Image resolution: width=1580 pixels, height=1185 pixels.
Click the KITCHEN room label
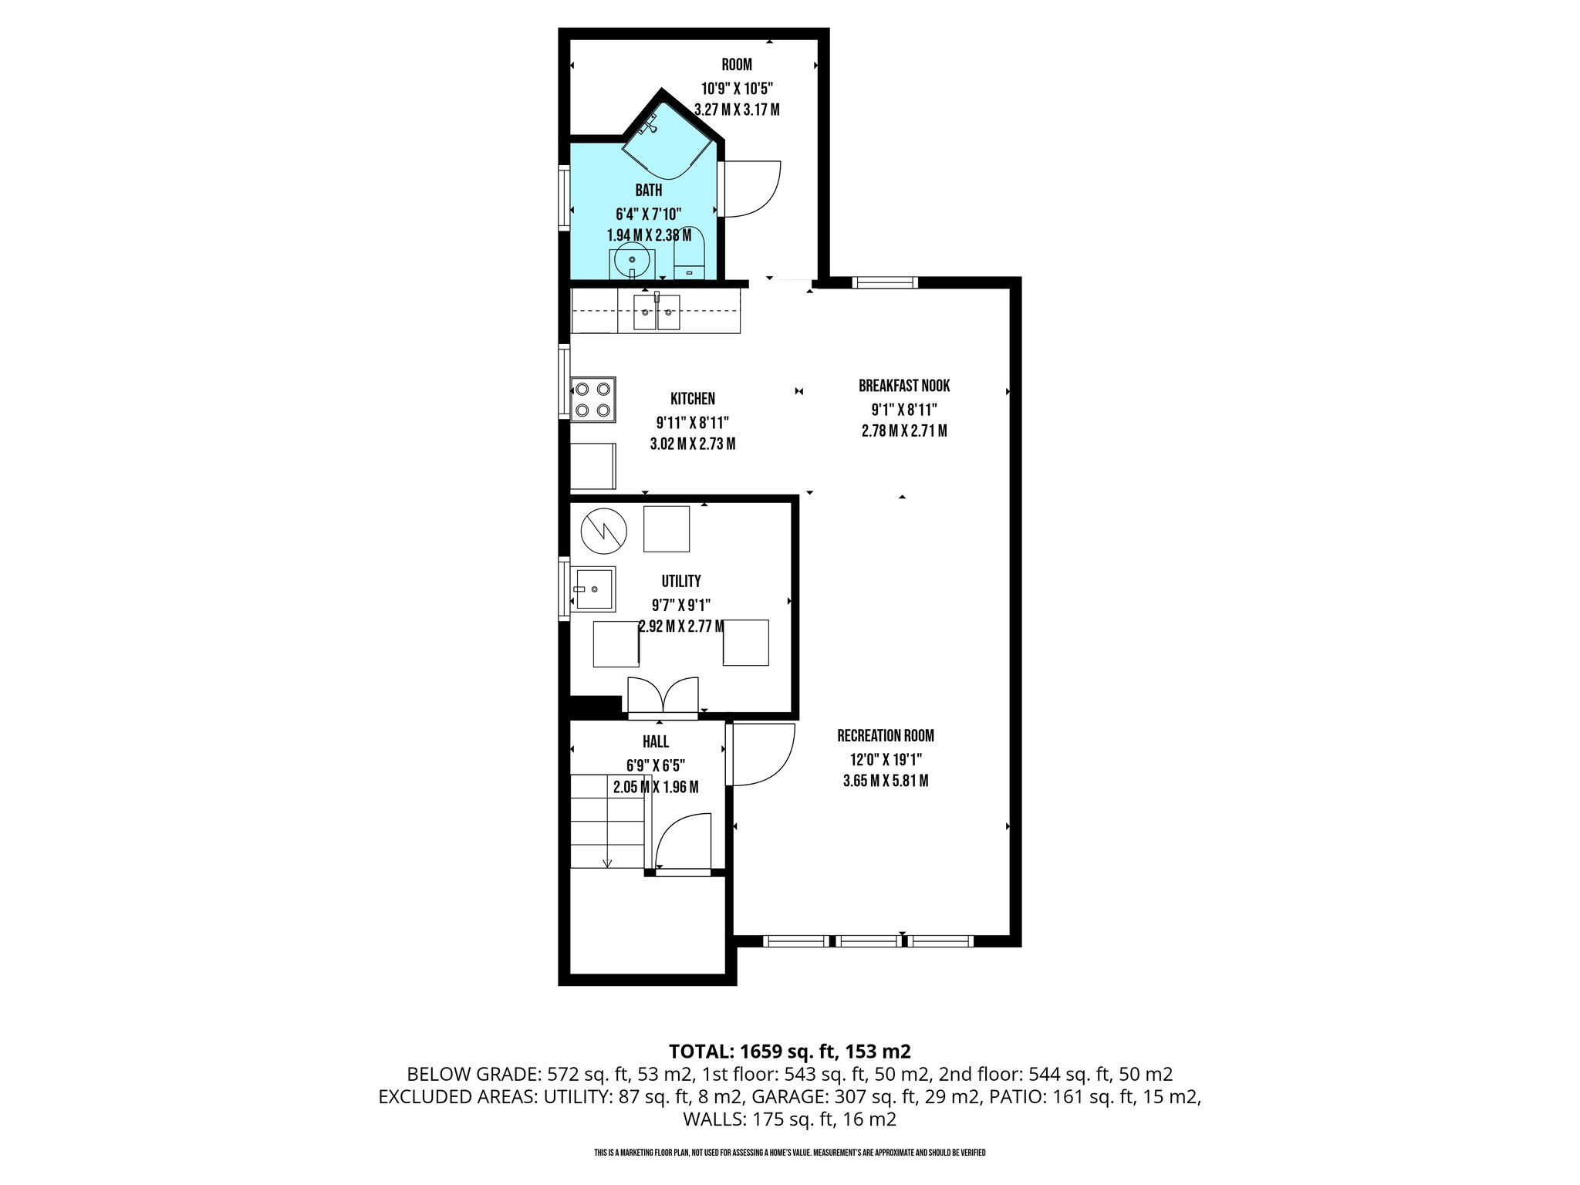click(692, 399)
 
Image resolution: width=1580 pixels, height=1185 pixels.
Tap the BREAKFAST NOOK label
click(903, 386)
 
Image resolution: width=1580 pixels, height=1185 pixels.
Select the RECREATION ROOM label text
click(885, 736)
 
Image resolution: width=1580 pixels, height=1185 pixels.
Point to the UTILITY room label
click(680, 581)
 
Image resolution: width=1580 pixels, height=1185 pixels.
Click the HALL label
click(655, 742)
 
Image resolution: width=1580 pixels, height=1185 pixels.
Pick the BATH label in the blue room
click(648, 190)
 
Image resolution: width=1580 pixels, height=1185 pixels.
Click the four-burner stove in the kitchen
click(593, 399)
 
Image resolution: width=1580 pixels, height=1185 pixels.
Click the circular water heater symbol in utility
click(603, 529)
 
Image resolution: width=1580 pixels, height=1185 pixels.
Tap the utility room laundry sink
click(594, 589)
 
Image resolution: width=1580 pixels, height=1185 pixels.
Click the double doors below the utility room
click(663, 697)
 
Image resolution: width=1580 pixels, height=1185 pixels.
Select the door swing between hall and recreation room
click(762, 754)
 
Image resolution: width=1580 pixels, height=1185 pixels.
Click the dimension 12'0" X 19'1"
click(885, 758)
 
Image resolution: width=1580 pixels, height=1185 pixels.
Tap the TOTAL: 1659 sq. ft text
click(790, 1051)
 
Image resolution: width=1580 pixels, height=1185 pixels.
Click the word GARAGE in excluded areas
click(785, 1097)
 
